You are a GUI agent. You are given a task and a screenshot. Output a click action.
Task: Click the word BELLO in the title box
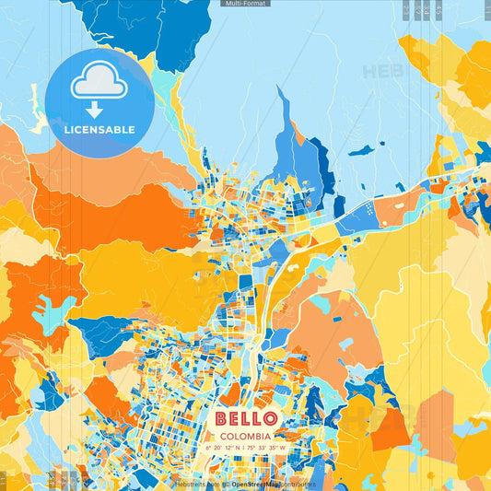pos(245,419)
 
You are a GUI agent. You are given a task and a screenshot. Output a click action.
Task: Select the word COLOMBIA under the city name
pos(245,436)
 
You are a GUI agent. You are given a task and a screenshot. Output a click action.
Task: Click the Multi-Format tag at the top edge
pos(246,4)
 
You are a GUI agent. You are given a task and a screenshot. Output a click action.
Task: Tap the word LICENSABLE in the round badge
pos(99,130)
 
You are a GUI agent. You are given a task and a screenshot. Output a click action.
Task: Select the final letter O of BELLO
pos(270,419)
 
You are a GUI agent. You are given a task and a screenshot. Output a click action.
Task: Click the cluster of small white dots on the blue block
pos(368,209)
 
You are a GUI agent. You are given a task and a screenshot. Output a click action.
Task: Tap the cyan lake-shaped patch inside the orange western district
pos(53,313)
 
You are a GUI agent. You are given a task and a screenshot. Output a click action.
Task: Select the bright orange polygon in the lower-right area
pos(390,428)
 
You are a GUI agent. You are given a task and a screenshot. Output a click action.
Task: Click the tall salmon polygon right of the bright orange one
pos(436,419)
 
